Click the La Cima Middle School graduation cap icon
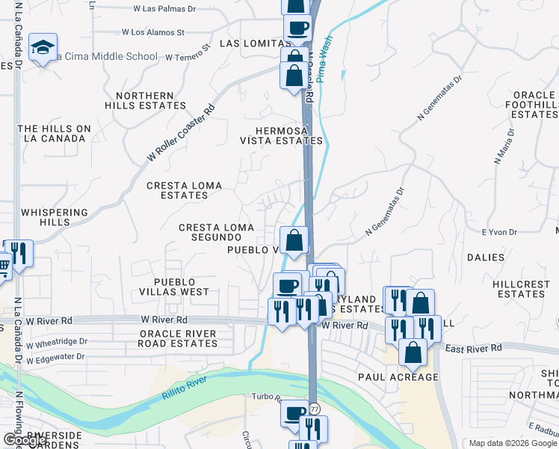point(43,48)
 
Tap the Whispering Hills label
point(55,217)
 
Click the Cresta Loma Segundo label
point(216,232)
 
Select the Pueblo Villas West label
point(181,287)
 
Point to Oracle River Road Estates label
point(177,339)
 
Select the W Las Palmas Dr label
point(164,9)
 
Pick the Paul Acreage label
point(398,377)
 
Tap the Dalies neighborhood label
point(485,257)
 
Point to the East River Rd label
point(473,349)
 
